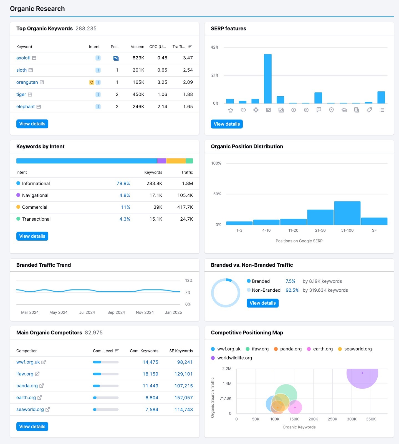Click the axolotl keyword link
pos(23,58)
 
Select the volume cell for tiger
pos(138,94)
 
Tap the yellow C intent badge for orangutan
pos(92,82)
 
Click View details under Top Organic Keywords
pos(32,124)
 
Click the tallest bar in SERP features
pos(268,79)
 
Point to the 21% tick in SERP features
pos(215,75)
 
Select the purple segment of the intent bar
pos(161,161)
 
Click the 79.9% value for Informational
pos(123,183)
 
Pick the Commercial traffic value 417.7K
pos(185,207)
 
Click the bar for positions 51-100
pos(347,213)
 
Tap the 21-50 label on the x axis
pos(320,230)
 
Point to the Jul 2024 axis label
pos(87,312)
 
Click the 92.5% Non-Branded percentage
pos(292,290)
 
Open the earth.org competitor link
pos(26,398)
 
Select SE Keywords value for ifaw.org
pos(183,374)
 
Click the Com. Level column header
pos(103,351)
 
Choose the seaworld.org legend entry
pos(358,349)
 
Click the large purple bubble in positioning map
pos(362,377)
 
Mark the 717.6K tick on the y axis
pos(225,398)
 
